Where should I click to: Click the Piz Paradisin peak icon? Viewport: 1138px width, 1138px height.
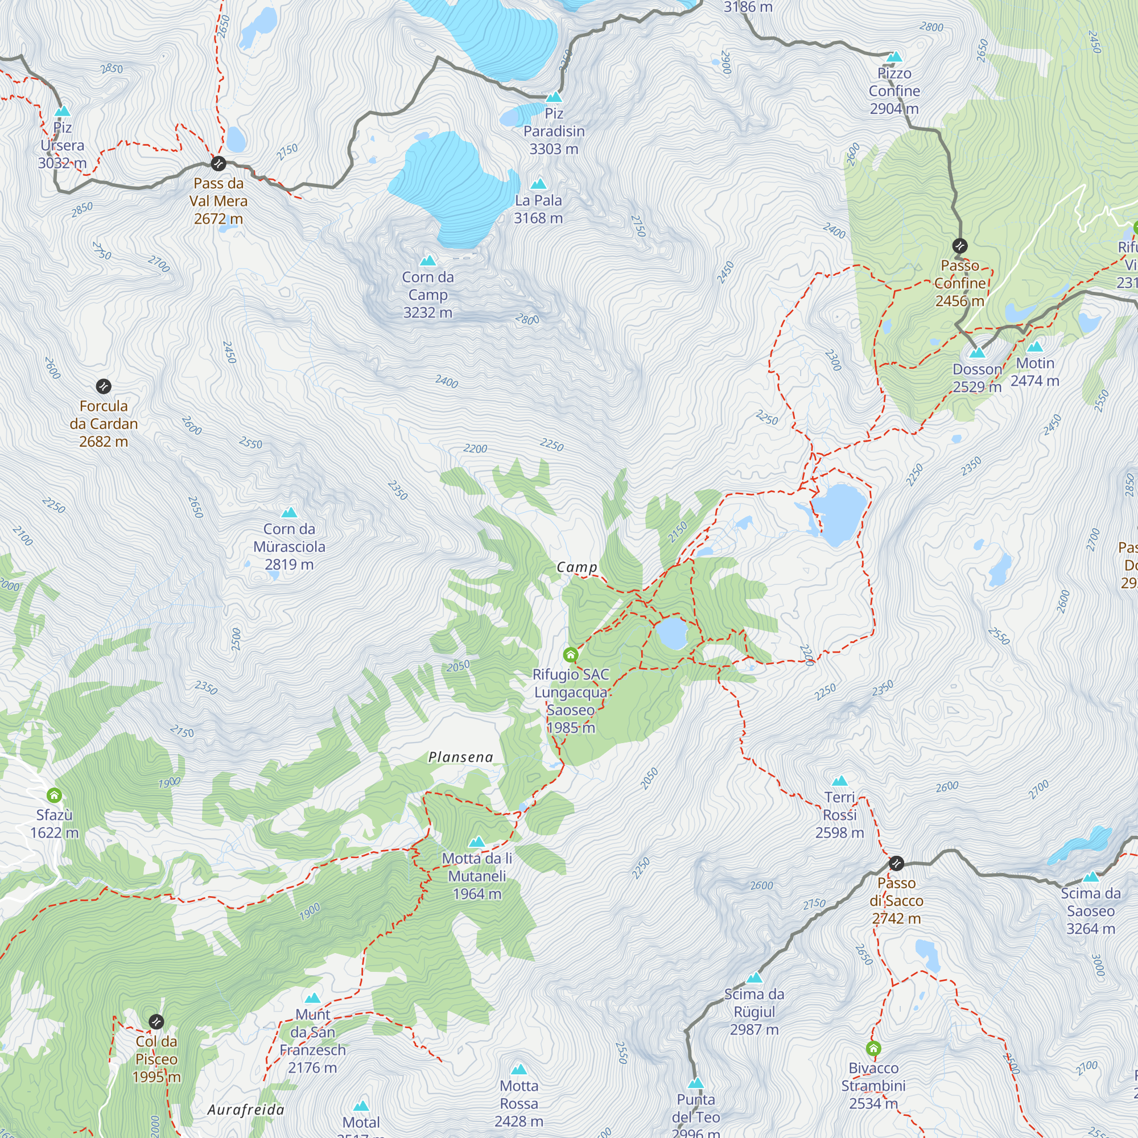click(553, 97)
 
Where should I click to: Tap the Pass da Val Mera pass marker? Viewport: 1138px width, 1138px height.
click(218, 163)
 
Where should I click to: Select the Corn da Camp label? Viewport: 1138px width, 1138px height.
click(428, 295)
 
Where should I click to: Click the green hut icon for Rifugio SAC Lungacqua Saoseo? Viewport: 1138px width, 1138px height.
click(570, 654)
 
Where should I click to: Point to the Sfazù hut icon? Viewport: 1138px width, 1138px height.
click(54, 795)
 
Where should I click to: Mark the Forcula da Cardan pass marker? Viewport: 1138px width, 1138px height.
click(103, 386)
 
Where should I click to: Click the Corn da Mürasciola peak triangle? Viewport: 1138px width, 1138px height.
click(288, 513)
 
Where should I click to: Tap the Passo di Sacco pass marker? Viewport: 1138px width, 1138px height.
click(896, 863)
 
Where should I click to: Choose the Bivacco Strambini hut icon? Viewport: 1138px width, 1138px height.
click(873, 1048)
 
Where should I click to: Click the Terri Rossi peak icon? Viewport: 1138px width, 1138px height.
click(839, 781)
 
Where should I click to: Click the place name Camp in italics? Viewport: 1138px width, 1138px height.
click(576, 567)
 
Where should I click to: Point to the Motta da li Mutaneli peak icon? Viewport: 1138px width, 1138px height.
click(477, 842)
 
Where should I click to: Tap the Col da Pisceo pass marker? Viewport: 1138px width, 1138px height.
click(156, 1021)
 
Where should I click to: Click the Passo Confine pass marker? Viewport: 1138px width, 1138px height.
click(959, 246)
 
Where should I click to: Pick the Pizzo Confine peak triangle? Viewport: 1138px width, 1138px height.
click(894, 56)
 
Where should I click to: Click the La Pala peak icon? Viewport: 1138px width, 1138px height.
click(538, 184)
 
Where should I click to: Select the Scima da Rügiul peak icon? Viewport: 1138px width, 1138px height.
click(754, 978)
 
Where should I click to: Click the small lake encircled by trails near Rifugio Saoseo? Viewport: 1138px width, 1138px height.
click(672, 633)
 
